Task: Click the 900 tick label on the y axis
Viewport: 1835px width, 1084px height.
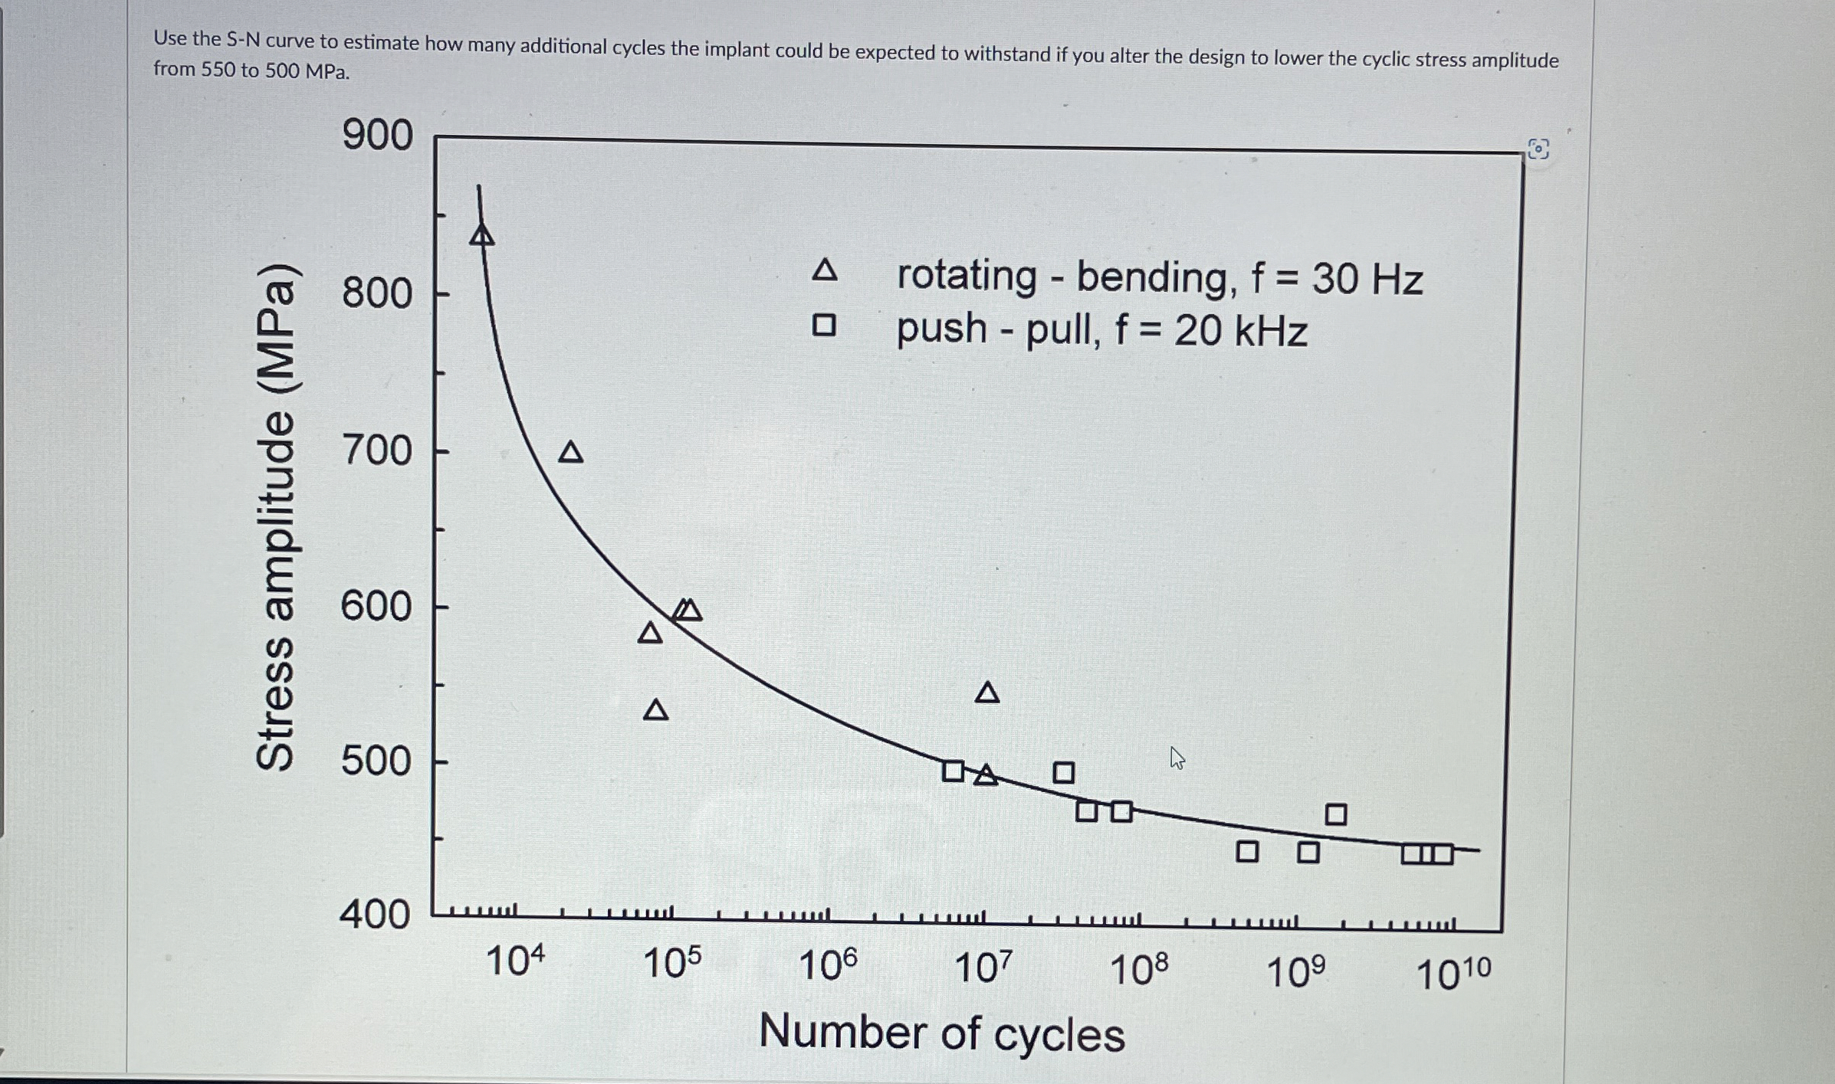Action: click(x=377, y=136)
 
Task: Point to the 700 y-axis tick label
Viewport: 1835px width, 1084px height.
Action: click(x=376, y=450)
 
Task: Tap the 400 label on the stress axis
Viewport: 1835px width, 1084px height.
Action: click(x=375, y=915)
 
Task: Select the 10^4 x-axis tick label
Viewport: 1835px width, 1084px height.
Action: click(x=516, y=961)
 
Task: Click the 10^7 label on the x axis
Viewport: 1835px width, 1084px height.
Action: click(x=983, y=968)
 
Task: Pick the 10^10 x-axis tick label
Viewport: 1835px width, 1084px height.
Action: click(x=1453, y=974)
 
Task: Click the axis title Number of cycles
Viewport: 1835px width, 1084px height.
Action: click(x=941, y=1033)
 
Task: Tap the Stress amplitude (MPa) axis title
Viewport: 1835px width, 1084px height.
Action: click(x=274, y=516)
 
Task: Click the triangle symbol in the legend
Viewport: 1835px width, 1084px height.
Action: click(x=824, y=270)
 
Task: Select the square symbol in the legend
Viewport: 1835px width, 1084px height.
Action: click(x=824, y=326)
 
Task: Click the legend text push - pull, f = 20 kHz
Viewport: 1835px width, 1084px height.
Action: click(x=1101, y=331)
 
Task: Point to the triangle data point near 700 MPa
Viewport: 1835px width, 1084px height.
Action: click(x=570, y=453)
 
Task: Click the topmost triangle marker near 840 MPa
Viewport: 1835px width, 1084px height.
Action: click(x=481, y=235)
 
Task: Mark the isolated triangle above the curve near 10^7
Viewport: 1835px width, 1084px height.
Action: click(x=987, y=693)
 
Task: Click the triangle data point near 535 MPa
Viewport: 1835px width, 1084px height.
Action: click(x=655, y=710)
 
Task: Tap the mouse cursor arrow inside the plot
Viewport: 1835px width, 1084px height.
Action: click(x=1177, y=758)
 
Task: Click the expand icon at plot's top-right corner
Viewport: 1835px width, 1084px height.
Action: click(x=1538, y=149)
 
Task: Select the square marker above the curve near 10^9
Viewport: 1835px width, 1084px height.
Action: click(x=1336, y=814)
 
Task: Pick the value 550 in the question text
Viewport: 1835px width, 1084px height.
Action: click(x=218, y=70)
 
